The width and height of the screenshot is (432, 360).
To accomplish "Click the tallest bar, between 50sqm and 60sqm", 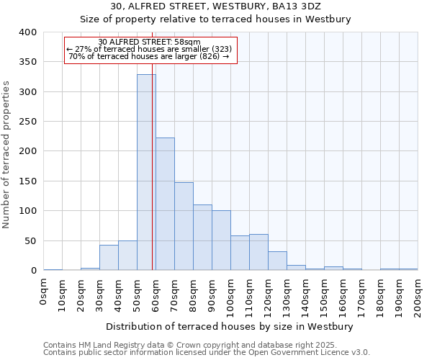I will [146, 173].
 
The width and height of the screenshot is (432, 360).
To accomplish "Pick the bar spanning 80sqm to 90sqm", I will [202, 238].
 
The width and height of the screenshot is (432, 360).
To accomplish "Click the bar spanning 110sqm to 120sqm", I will [258, 252].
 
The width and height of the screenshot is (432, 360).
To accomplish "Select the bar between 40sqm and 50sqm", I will [127, 256].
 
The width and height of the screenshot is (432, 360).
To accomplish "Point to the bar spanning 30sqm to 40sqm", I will [109, 258].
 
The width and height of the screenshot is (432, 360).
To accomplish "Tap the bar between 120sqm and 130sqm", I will [277, 261].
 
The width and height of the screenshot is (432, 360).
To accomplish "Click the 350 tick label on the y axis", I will [27, 63].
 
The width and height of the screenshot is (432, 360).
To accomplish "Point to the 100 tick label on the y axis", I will [27, 211].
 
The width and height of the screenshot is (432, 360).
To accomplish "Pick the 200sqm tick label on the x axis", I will [418, 294].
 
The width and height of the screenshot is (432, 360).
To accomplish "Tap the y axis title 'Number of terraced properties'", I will [6, 155].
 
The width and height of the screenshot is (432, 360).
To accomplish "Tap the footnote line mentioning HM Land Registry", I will [190, 345].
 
